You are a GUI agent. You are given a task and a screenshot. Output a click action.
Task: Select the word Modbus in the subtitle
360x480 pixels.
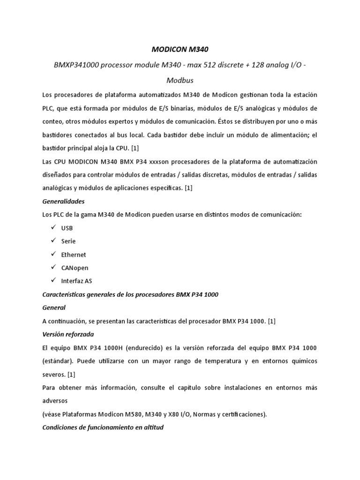click(180, 80)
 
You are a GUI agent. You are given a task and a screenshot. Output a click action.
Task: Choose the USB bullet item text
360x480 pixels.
click(67, 228)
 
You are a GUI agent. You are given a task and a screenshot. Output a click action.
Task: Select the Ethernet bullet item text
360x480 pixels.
click(74, 255)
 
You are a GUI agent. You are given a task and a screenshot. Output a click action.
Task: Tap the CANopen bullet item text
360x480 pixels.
click(75, 268)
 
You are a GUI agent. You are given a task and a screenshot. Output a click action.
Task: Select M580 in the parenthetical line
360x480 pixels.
click(134, 414)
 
